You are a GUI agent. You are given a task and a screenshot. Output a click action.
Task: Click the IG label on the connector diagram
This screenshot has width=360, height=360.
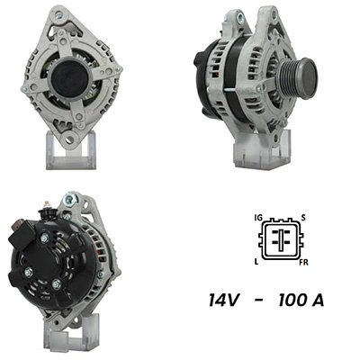(x=257, y=217)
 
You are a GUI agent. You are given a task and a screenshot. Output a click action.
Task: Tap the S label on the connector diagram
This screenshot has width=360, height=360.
(x=303, y=218)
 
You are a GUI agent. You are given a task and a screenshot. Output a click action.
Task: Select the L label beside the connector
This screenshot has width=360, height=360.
(x=256, y=262)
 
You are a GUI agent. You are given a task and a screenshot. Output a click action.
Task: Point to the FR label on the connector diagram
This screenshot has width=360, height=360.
(x=303, y=263)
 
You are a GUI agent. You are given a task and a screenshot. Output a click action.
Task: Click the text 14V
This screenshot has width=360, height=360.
(x=225, y=300)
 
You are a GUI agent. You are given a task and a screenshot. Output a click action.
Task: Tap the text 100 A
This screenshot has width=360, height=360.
(x=301, y=300)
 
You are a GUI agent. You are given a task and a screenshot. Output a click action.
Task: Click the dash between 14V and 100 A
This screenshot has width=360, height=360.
(x=259, y=301)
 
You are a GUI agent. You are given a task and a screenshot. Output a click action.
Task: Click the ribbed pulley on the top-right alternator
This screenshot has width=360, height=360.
(x=297, y=78)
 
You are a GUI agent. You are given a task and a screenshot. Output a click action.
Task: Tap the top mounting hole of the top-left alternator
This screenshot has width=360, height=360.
(x=59, y=13)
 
